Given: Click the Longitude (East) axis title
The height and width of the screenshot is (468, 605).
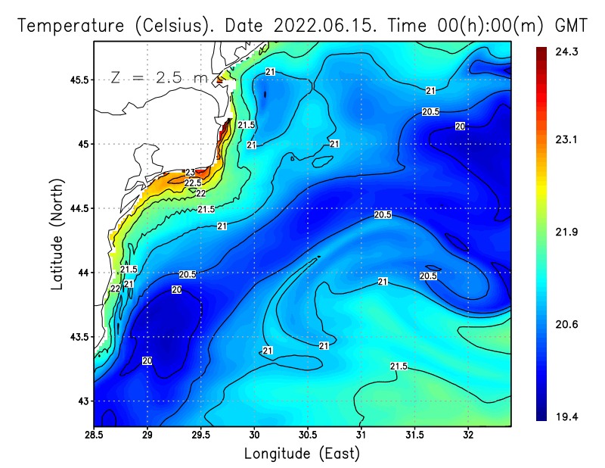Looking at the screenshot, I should (x=302, y=453).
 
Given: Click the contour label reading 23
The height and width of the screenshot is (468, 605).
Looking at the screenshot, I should (x=190, y=173).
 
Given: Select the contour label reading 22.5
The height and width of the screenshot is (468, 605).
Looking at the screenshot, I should (x=194, y=183).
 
